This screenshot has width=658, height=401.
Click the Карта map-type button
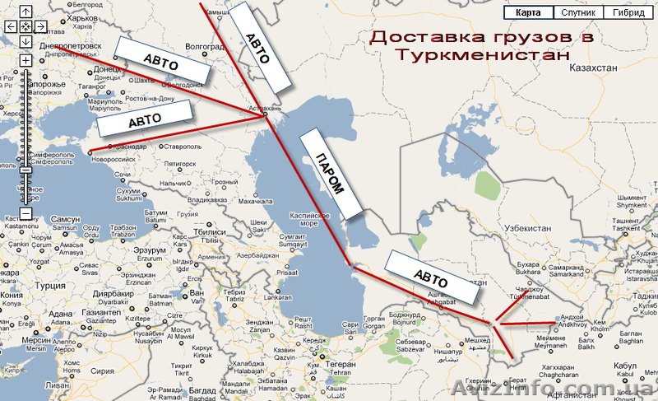click(528, 12)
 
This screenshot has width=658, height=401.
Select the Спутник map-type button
click(577, 12)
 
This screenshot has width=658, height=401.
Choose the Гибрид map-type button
click(627, 12)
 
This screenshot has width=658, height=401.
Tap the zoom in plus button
click(25, 61)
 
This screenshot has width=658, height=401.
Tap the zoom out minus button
click(25, 214)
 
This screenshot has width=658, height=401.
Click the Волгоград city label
click(206, 46)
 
